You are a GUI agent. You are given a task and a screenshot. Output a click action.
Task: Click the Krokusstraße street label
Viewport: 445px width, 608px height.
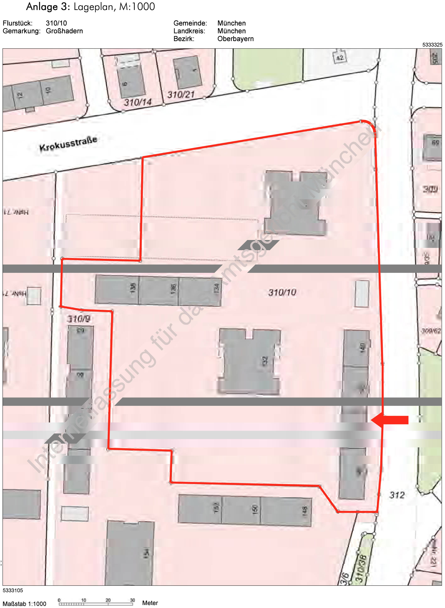point(68,144)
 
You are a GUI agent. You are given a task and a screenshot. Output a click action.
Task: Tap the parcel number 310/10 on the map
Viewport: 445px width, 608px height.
point(282,292)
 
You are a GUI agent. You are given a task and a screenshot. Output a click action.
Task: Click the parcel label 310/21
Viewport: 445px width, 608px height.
point(181,95)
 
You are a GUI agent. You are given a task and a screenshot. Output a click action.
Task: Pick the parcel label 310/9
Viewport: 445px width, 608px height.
point(78,319)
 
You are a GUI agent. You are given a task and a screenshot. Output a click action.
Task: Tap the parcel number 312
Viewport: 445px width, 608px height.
point(397,495)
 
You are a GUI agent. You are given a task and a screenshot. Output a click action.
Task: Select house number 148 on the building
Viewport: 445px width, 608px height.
point(305,510)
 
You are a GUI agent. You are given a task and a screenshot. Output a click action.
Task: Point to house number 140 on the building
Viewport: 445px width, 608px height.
point(363,347)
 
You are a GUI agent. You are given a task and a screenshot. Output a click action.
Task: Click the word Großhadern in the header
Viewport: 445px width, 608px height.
point(64,31)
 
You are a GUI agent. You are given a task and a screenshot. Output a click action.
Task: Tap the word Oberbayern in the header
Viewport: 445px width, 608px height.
point(235,39)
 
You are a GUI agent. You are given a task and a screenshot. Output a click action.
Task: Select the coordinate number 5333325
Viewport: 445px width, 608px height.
point(432,45)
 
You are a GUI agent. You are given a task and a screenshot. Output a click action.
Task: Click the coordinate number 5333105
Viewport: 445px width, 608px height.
point(13,590)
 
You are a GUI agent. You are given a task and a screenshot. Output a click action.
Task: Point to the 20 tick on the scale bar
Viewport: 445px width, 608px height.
point(108,600)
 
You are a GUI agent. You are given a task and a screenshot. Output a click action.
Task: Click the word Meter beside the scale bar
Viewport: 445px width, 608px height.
point(150,603)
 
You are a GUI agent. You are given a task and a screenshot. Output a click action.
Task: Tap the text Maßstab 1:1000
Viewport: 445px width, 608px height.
point(24,604)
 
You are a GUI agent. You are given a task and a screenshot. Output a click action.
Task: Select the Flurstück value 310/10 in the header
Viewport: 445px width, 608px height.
point(56,23)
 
